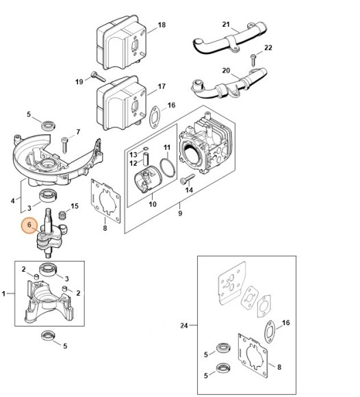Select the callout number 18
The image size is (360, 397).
[x=162, y=25]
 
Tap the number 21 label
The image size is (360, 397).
[x=226, y=25]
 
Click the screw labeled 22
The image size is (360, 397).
[x=253, y=60]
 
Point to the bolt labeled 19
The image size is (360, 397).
[x=99, y=77]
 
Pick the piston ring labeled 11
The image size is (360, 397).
[x=168, y=168]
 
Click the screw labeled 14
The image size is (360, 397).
[x=188, y=179]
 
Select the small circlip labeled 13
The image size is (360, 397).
[x=146, y=149]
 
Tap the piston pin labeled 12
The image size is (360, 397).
[x=146, y=158]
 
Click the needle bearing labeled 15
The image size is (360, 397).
[x=62, y=215]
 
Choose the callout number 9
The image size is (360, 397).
[x=180, y=213]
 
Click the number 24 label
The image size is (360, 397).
[x=184, y=325]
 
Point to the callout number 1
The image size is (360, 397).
[x=3, y=294]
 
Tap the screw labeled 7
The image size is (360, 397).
[x=64, y=145]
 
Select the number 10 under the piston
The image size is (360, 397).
[x=153, y=204]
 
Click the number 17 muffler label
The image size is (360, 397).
[x=162, y=86]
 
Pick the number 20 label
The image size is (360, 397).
[x=226, y=71]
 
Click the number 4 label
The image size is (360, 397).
[x=12, y=201]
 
